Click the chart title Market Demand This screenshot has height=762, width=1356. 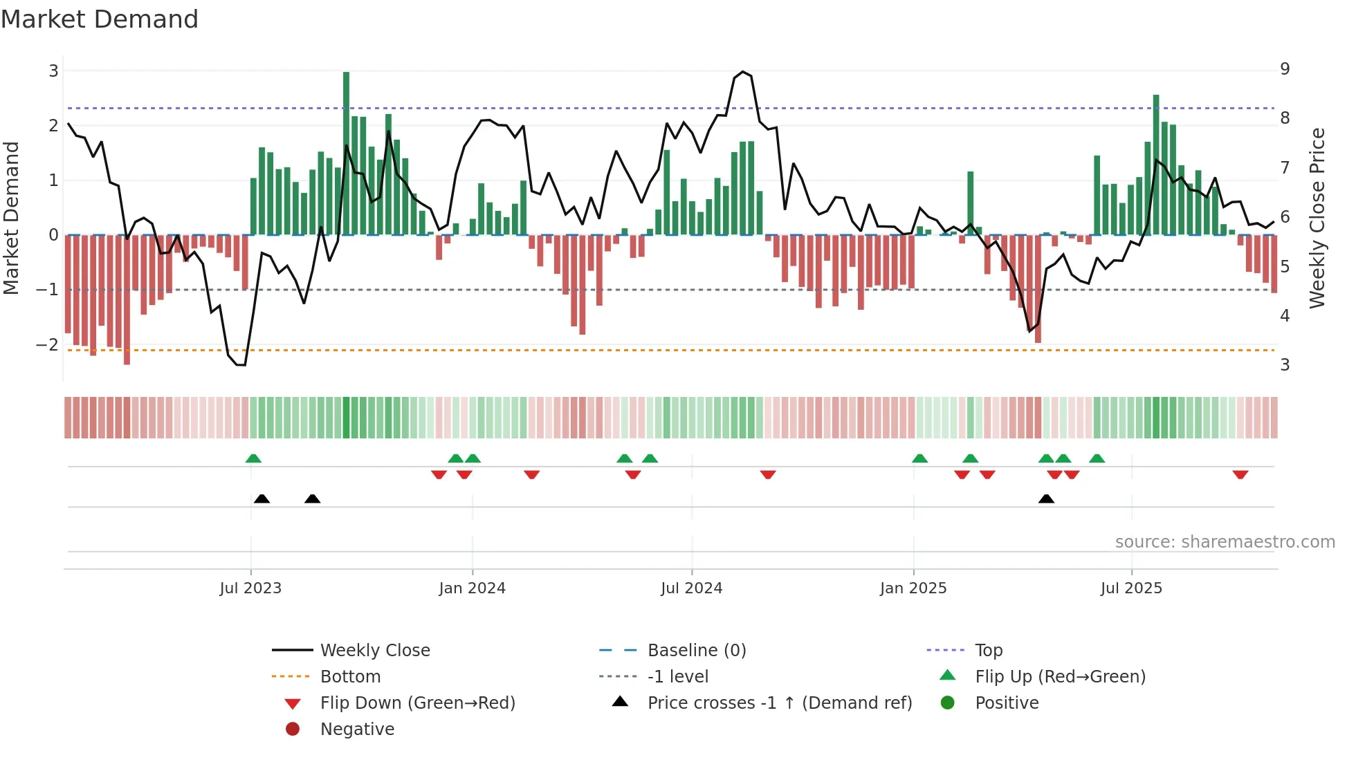100,19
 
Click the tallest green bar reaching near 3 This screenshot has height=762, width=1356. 346,152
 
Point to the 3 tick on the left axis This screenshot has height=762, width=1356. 53,71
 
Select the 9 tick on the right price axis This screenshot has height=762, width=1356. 1285,68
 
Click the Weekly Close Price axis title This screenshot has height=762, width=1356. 1317,218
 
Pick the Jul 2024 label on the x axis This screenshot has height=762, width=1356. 691,588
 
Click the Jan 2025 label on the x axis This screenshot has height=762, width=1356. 913,588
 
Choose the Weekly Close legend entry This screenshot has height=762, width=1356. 374,650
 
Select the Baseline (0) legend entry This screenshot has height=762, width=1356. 696,650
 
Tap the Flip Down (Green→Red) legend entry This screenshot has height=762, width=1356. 417,703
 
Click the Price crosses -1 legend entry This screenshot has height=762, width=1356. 779,703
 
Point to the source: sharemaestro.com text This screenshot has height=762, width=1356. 1225,541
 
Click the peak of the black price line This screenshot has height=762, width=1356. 743,72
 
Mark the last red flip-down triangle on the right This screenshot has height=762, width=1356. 1240,474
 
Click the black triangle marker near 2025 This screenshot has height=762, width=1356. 1046,499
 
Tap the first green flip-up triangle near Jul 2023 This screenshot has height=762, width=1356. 253,458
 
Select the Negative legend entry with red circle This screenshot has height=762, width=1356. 356,729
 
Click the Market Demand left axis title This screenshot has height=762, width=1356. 12,218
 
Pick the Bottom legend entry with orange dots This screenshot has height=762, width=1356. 349,676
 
